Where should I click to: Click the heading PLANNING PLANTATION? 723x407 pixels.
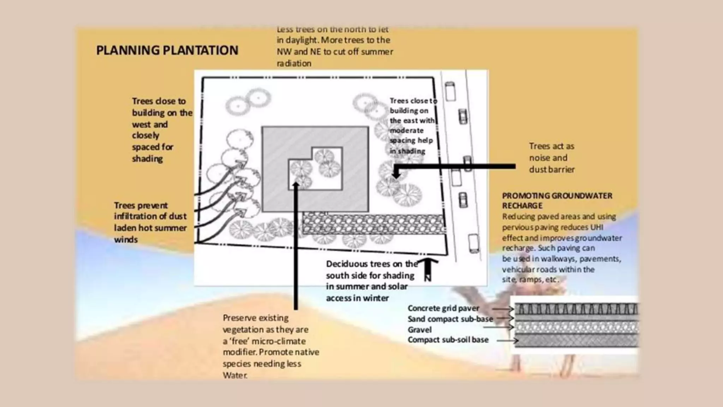pyautogui.click(x=167, y=50)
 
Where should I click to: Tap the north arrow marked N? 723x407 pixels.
pyautogui.click(x=428, y=270)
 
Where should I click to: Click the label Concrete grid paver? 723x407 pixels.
pyautogui.click(x=443, y=308)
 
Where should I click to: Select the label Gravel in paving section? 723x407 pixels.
pyautogui.click(x=419, y=330)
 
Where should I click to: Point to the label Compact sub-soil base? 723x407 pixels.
pyautogui.click(x=448, y=340)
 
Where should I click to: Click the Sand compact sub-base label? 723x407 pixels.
pyautogui.click(x=450, y=319)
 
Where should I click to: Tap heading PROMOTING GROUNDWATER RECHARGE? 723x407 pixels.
pyautogui.click(x=557, y=200)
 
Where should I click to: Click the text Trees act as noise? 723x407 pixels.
pyautogui.click(x=551, y=152)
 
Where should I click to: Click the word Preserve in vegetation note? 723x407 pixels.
pyautogui.click(x=238, y=318)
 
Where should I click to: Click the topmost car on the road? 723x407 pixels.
pyautogui.click(x=450, y=91)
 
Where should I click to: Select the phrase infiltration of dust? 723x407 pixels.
pyautogui.click(x=150, y=216)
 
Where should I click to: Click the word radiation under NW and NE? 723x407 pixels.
pyautogui.click(x=294, y=64)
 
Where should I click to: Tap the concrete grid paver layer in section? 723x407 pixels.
pyautogui.click(x=575, y=310)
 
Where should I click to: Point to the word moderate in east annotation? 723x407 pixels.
pyautogui.click(x=406, y=130)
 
